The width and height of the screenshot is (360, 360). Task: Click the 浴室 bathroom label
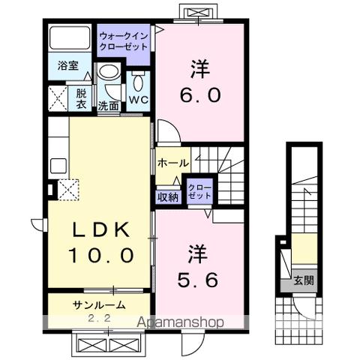click(x=63, y=64)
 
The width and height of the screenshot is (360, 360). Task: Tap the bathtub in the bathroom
click(x=70, y=38)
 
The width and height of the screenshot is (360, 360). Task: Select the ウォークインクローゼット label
click(x=124, y=38)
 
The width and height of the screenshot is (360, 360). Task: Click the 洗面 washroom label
click(x=109, y=106)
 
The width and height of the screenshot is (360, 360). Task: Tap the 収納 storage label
click(x=167, y=196)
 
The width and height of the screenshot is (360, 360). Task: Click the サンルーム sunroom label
click(x=98, y=304)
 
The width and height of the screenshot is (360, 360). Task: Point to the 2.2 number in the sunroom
click(x=98, y=318)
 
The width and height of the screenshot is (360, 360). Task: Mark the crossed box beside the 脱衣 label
click(x=58, y=99)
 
